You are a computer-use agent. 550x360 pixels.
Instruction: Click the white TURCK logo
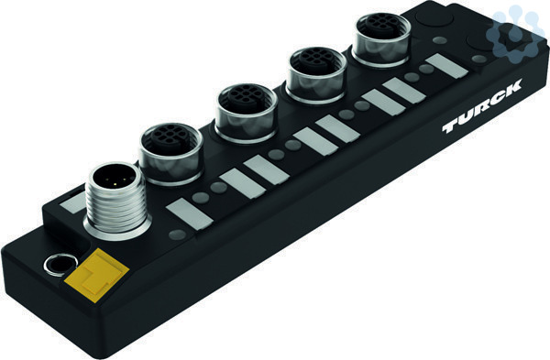pos(482,105)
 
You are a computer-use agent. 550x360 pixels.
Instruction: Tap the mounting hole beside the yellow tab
pos(60,265)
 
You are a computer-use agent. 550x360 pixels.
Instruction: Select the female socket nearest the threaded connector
pos(170,153)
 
